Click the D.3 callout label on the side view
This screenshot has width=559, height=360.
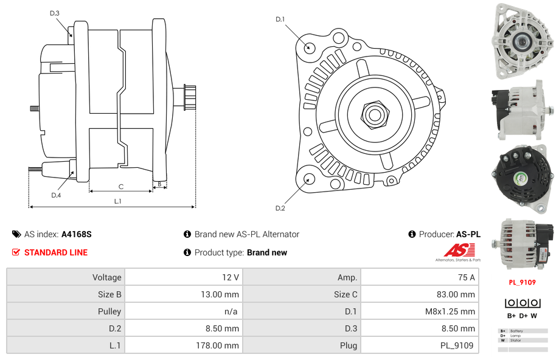tap(55, 13)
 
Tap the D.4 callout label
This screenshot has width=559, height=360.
tap(56, 195)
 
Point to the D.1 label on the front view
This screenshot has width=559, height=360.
tap(280, 19)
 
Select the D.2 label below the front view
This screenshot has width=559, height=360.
tap(280, 209)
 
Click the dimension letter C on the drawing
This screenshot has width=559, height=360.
tap(120, 187)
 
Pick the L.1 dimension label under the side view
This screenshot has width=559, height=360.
tap(117, 201)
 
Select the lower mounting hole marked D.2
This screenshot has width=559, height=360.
tap(309, 179)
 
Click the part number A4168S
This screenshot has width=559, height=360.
tap(77, 234)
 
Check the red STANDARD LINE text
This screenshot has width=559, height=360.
tap(56, 252)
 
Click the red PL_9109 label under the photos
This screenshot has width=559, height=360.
tap(522, 282)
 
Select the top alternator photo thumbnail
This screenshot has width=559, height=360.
tap(521, 41)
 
